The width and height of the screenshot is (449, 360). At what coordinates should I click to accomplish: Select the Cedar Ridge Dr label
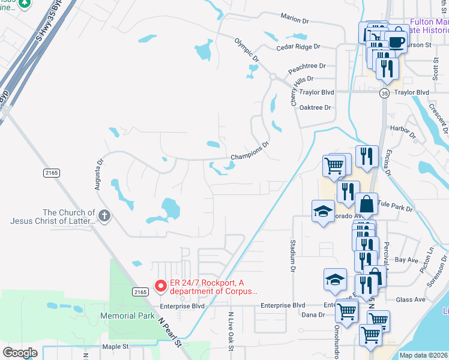click(298, 46)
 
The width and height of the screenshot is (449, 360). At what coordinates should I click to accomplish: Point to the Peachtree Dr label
click(306, 66)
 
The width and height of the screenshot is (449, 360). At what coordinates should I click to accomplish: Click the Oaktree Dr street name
click(315, 107)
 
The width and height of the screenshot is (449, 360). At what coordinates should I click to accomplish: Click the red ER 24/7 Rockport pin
click(160, 287)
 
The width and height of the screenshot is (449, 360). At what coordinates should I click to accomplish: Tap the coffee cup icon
click(396, 42)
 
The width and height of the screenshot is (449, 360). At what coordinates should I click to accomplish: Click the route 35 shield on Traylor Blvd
click(384, 93)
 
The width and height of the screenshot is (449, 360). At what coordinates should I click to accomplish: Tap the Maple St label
click(115, 346)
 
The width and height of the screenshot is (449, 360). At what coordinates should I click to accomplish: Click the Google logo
click(20, 353)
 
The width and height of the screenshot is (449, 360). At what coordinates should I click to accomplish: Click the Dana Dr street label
click(313, 314)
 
